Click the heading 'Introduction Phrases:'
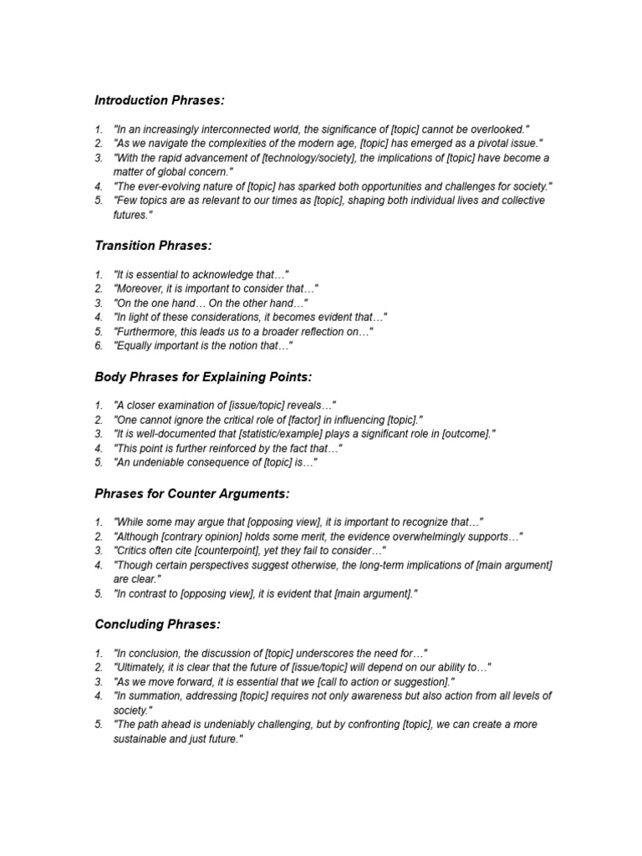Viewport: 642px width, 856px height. (x=160, y=100)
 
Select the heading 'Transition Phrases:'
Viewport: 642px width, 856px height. (x=154, y=245)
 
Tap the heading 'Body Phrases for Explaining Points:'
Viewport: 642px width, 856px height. (x=203, y=376)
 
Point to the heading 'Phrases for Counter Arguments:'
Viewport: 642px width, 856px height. (x=192, y=493)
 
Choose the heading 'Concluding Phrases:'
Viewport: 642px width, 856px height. (x=157, y=624)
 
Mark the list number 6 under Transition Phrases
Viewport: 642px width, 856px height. (x=99, y=345)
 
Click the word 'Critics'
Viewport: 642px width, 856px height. (x=134, y=551)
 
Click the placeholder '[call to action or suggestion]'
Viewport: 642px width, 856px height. (x=370, y=681)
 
